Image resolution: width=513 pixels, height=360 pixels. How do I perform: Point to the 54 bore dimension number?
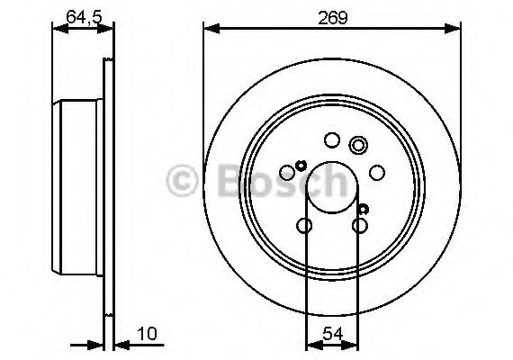(x=333, y=335)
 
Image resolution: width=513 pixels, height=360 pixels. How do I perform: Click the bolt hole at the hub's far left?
(x=288, y=172)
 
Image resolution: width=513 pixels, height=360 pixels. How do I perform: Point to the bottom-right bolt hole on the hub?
(x=360, y=225)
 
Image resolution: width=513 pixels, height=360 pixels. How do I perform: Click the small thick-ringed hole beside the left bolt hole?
(x=301, y=164)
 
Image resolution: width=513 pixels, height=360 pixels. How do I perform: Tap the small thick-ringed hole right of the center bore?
(x=363, y=209)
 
